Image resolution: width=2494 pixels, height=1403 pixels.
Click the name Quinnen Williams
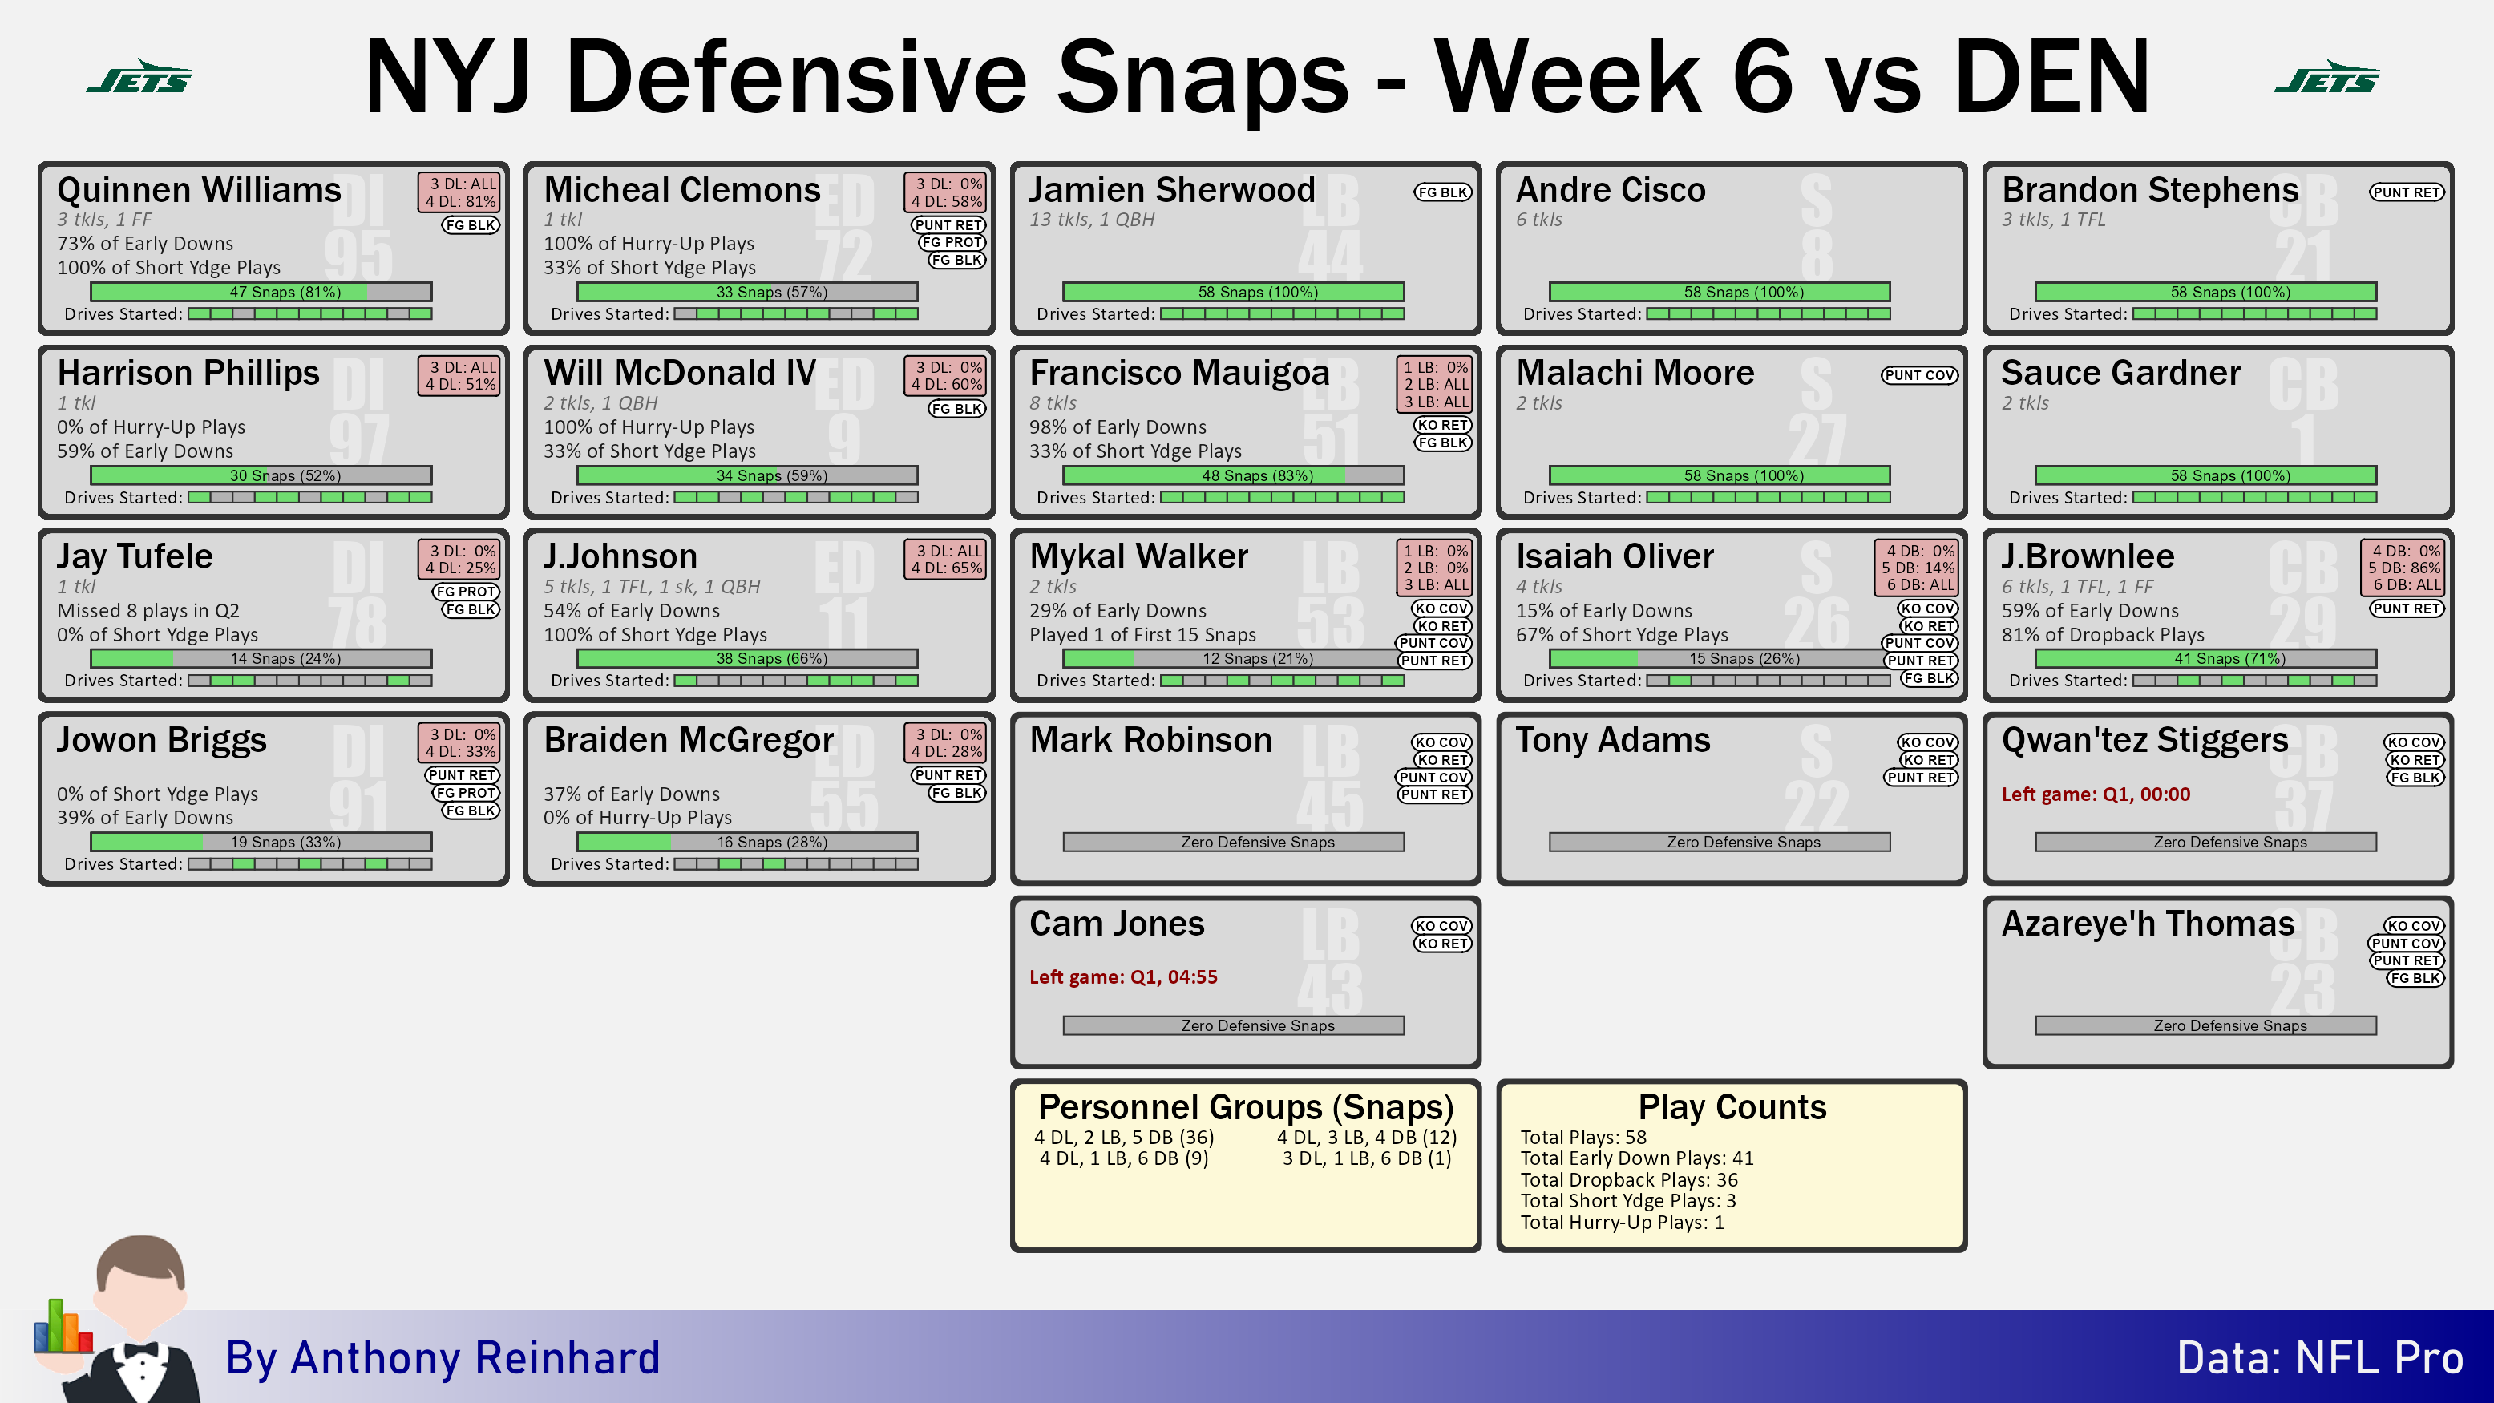click(x=199, y=190)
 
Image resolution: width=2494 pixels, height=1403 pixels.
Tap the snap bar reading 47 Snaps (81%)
click(x=261, y=292)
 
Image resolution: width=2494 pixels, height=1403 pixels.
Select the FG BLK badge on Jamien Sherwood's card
click(x=1442, y=192)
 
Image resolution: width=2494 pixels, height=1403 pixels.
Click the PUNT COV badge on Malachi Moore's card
click(x=1919, y=374)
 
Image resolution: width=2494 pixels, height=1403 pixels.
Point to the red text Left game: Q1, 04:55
click(x=1123, y=977)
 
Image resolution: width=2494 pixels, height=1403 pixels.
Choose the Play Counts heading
click(x=1732, y=1106)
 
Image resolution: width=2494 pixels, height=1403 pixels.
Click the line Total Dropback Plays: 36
click(x=1630, y=1179)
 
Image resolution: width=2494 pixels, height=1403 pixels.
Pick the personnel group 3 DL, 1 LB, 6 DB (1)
click(x=1367, y=1158)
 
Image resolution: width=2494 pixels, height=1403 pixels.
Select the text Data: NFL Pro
click(x=2320, y=1357)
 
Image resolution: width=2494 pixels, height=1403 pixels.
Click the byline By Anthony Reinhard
click(x=443, y=1357)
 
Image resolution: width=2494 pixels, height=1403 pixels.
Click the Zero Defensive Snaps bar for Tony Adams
click(x=1720, y=843)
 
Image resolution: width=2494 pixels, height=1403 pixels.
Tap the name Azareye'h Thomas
click(x=2148, y=924)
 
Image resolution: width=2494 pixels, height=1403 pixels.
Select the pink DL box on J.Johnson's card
click(x=945, y=560)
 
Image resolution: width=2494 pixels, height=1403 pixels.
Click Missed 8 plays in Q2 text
click(x=148, y=611)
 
